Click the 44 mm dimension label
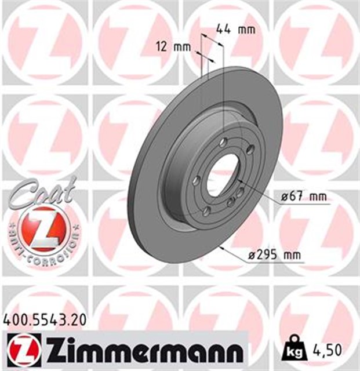235,28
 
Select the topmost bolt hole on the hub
224,143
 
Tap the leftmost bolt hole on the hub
196,180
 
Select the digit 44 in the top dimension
224,28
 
